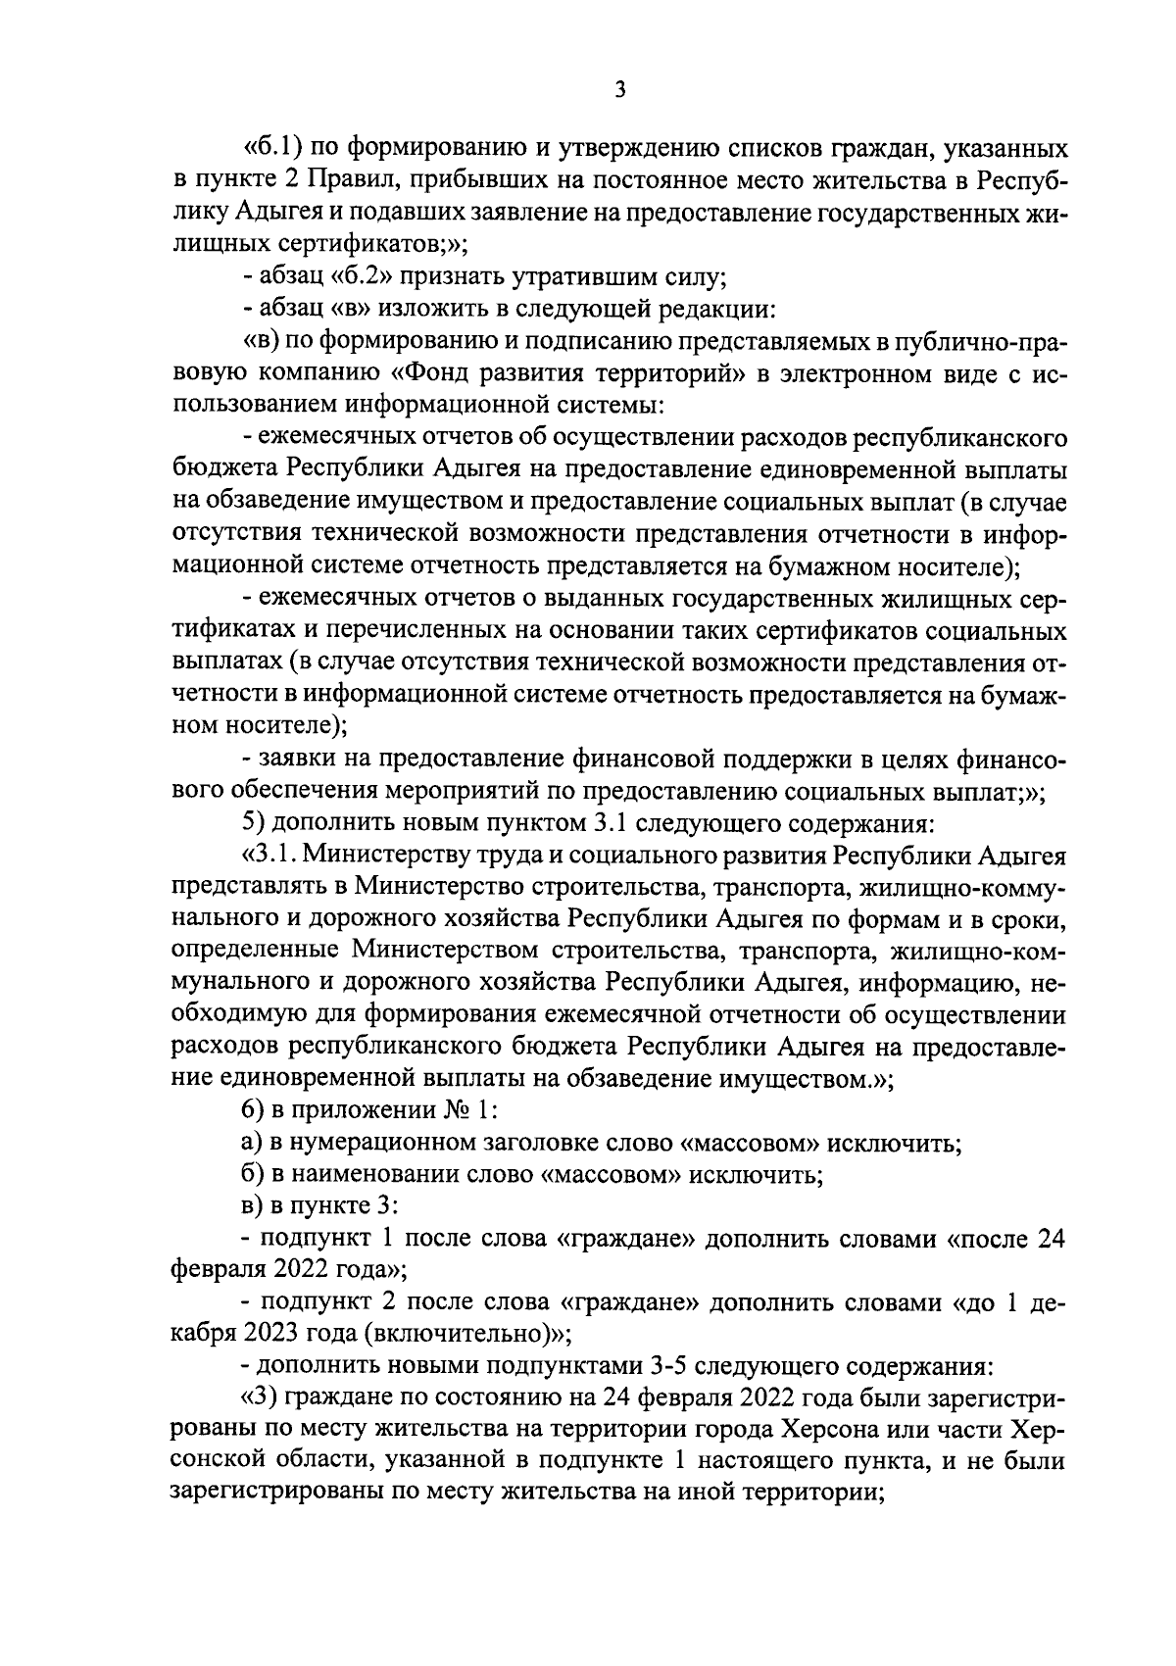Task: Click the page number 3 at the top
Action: pyautogui.click(x=618, y=90)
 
